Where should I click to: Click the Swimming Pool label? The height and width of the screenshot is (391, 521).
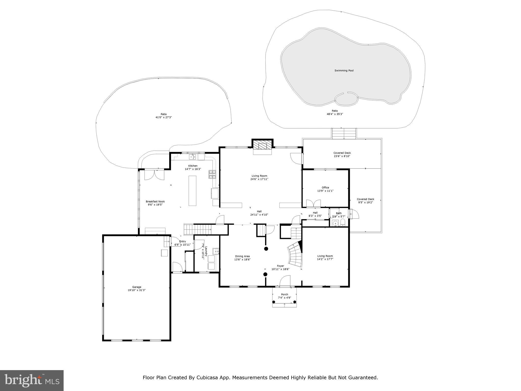pos(344,71)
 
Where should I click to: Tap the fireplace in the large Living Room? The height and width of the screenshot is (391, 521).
pos(262,146)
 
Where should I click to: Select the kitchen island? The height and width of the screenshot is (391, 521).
pos(192,190)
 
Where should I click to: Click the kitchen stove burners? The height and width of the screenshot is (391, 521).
pos(212,175)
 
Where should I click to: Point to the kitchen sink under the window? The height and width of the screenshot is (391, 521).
pos(193,157)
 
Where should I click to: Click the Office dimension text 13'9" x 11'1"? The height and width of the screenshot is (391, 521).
pos(325,191)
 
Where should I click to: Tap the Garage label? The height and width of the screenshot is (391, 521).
pos(137,287)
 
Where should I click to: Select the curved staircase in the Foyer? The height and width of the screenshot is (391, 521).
pos(295,255)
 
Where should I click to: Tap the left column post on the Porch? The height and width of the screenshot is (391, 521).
pos(274,302)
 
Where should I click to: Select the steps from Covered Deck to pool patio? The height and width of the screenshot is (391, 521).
pos(344,134)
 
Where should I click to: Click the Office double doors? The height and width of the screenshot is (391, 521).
pos(313,204)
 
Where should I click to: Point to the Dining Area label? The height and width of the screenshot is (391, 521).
pos(242,256)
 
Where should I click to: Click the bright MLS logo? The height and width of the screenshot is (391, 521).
pos(32,380)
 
